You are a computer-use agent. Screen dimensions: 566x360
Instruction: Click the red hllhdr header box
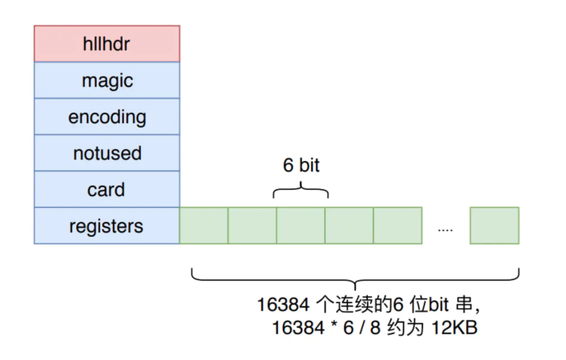[107, 43]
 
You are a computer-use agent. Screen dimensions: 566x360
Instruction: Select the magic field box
[107, 80]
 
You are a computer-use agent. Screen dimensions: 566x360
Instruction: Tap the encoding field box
[107, 117]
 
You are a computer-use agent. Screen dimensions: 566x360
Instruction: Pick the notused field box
[107, 153]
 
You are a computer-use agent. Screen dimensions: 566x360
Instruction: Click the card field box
[107, 190]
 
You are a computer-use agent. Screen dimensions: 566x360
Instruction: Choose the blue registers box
[107, 226]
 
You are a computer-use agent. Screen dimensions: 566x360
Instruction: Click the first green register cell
[204, 226]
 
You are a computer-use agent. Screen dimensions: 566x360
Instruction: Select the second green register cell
[252, 226]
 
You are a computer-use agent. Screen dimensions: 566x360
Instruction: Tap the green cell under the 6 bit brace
[301, 226]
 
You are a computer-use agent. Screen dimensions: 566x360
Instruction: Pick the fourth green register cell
[349, 226]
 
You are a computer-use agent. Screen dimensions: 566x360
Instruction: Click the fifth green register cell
[398, 226]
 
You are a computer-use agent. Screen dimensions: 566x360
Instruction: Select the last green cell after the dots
[495, 226]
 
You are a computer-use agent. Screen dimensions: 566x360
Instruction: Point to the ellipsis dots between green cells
[445, 230]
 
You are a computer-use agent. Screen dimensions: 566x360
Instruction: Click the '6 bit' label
[301, 166]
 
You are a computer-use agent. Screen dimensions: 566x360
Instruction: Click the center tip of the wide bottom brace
[355, 289]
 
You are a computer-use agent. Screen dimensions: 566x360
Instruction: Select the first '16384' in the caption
[284, 304]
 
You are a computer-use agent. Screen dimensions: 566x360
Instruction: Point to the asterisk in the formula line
[334, 325]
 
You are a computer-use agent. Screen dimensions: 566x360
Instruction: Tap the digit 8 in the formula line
[375, 328]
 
